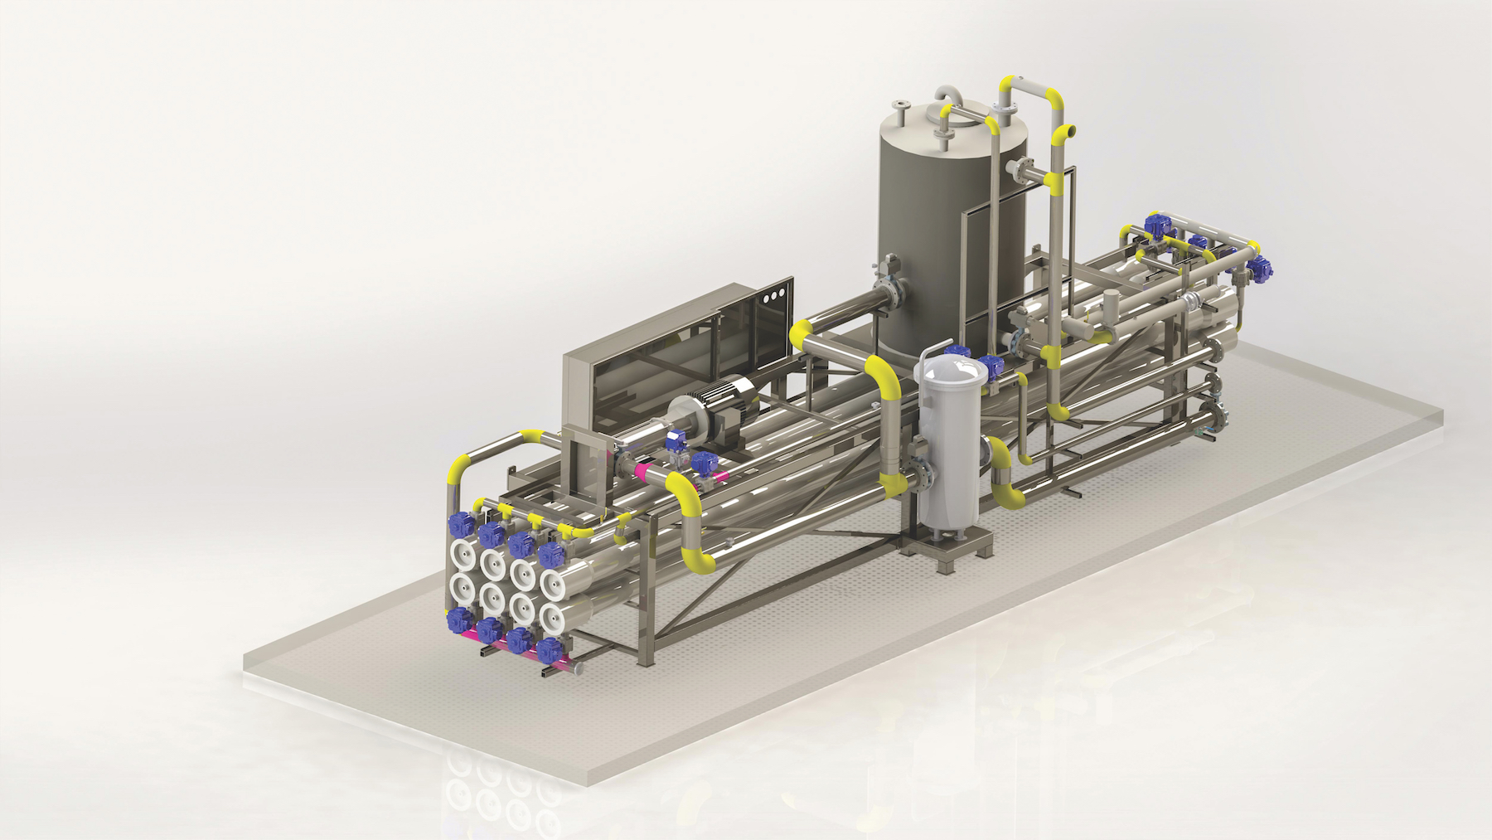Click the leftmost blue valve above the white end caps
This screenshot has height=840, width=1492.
pyautogui.click(x=458, y=524)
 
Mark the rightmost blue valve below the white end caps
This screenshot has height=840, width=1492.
pyautogui.click(x=548, y=648)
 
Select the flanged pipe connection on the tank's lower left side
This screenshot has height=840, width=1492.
pyautogui.click(x=890, y=294)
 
